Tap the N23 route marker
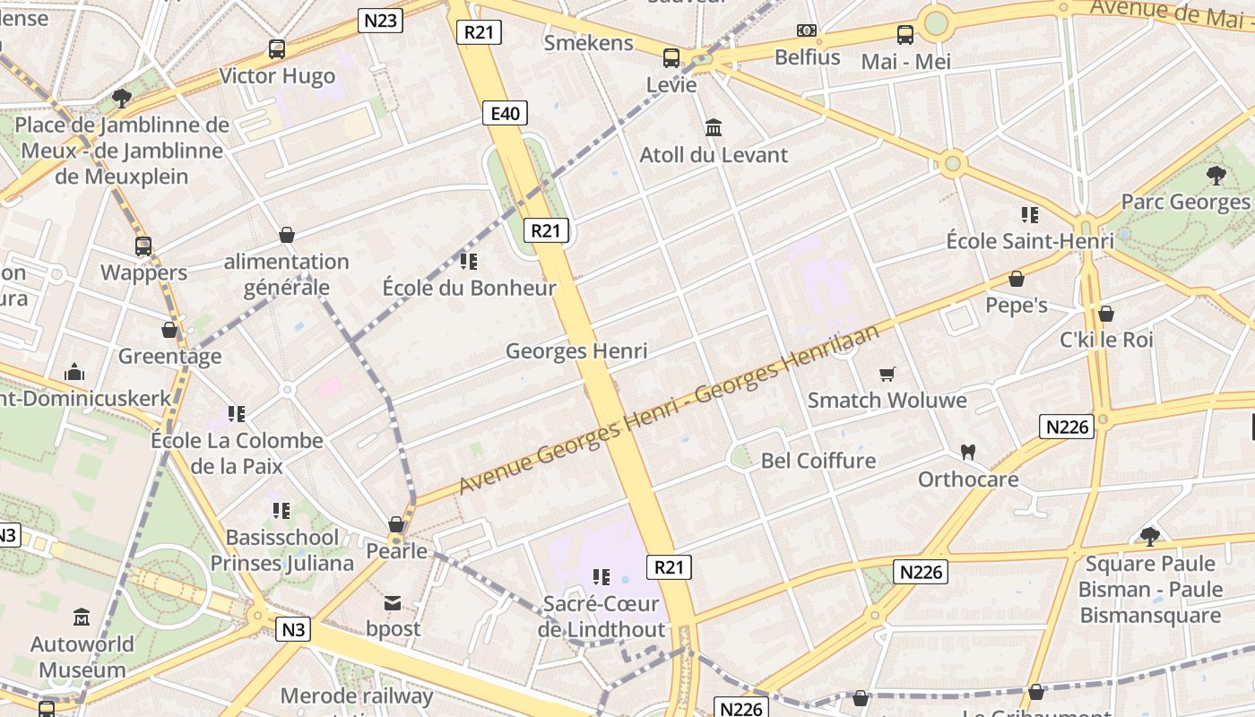pyautogui.click(x=380, y=21)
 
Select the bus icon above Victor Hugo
pyautogui.click(x=277, y=49)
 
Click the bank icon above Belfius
pyautogui.click(x=807, y=31)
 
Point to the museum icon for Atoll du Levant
pyautogui.click(x=714, y=128)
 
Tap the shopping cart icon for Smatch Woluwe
pyautogui.click(x=887, y=374)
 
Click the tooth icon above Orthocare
pyautogui.click(x=967, y=452)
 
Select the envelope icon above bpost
pyautogui.click(x=393, y=602)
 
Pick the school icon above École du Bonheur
pyautogui.click(x=468, y=262)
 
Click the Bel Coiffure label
pyautogui.click(x=818, y=461)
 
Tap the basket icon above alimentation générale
pyautogui.click(x=287, y=235)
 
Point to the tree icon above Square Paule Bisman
pyautogui.click(x=1150, y=537)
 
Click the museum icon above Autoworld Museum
pyautogui.click(x=82, y=618)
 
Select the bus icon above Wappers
pyautogui.click(x=143, y=246)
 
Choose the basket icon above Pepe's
pyautogui.click(x=1017, y=279)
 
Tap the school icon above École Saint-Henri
pyautogui.click(x=1029, y=214)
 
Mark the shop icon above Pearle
pyautogui.click(x=396, y=523)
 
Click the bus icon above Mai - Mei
pyautogui.click(x=905, y=35)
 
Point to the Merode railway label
pyautogui.click(x=357, y=696)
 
